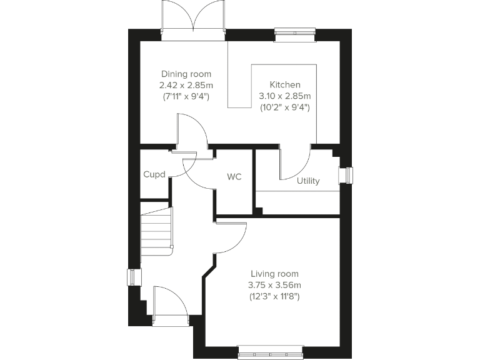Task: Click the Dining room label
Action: click(x=186, y=74)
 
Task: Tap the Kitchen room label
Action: click(x=285, y=85)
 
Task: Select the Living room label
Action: click(x=274, y=274)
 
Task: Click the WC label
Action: click(x=234, y=177)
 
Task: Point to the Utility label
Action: click(x=308, y=181)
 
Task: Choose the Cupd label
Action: click(x=154, y=174)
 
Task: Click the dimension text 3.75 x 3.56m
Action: click(x=274, y=285)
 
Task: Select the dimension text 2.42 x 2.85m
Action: click(x=186, y=85)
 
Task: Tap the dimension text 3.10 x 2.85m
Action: click(x=285, y=96)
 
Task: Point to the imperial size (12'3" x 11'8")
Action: click(x=274, y=296)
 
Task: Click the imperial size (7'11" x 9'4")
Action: click(x=186, y=96)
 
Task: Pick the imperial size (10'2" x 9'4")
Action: click(x=285, y=107)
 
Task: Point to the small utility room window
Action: click(x=345, y=176)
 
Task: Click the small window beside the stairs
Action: click(x=133, y=277)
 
